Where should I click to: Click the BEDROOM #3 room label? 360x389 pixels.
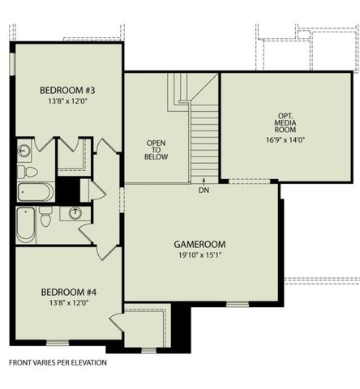click(67, 90)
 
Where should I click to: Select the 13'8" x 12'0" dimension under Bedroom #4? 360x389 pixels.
click(69, 303)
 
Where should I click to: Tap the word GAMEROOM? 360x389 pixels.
click(199, 244)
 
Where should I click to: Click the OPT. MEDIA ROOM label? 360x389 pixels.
click(285, 123)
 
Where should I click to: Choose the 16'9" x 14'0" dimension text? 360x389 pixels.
click(285, 140)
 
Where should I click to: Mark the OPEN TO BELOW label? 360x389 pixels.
click(156, 150)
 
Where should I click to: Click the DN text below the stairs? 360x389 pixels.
click(204, 190)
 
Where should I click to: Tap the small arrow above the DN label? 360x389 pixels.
click(204, 181)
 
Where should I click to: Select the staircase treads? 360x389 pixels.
click(204, 140)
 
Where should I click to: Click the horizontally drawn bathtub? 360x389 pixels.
click(36, 192)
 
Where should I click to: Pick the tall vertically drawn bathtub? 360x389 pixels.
click(26, 225)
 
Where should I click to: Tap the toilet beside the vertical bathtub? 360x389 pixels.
click(45, 216)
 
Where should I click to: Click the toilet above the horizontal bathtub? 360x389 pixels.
click(28, 172)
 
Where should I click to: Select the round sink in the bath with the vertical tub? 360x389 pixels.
click(75, 213)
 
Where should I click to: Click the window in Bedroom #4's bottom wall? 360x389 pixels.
click(58, 343)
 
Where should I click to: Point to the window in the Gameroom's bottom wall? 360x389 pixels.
click(238, 304)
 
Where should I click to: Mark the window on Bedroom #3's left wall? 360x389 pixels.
click(12, 64)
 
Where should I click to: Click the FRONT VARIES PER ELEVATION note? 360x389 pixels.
click(58, 362)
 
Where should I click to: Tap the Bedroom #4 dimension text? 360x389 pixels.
click(69, 303)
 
